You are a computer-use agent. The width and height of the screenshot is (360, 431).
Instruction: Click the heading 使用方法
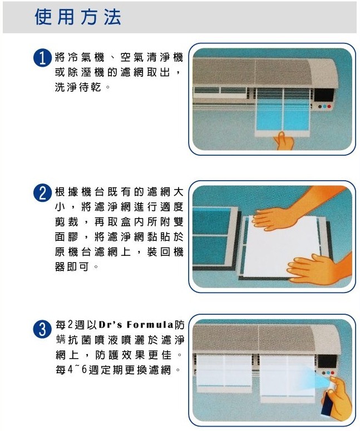tap(78, 17)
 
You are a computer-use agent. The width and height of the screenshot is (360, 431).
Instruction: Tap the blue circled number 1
tap(43, 58)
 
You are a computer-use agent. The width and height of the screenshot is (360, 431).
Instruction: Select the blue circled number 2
tap(43, 193)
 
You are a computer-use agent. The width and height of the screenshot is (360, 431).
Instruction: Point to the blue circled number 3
tap(43, 329)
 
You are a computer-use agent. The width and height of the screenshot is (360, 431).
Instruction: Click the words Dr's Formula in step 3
tap(136, 325)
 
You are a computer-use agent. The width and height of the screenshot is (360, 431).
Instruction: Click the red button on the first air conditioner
tap(329, 106)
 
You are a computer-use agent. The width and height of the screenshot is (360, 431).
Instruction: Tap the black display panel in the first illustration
tap(324, 95)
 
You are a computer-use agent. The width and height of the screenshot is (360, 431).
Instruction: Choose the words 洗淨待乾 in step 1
tap(78, 87)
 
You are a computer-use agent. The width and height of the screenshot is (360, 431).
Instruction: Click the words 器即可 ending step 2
tap(72, 266)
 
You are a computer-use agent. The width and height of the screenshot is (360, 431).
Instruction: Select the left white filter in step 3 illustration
tap(224, 373)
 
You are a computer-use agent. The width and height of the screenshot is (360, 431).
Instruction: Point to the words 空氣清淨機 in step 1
tap(152, 57)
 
